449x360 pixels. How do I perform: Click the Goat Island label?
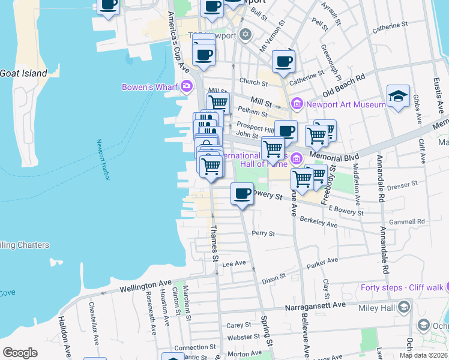(x=23, y=73)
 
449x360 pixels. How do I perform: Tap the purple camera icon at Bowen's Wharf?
(x=186, y=86)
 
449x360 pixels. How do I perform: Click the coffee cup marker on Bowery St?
(x=242, y=194)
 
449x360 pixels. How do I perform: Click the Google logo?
(x=20, y=353)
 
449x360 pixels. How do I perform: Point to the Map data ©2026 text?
(x=423, y=355)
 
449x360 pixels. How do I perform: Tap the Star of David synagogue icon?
(x=244, y=35)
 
